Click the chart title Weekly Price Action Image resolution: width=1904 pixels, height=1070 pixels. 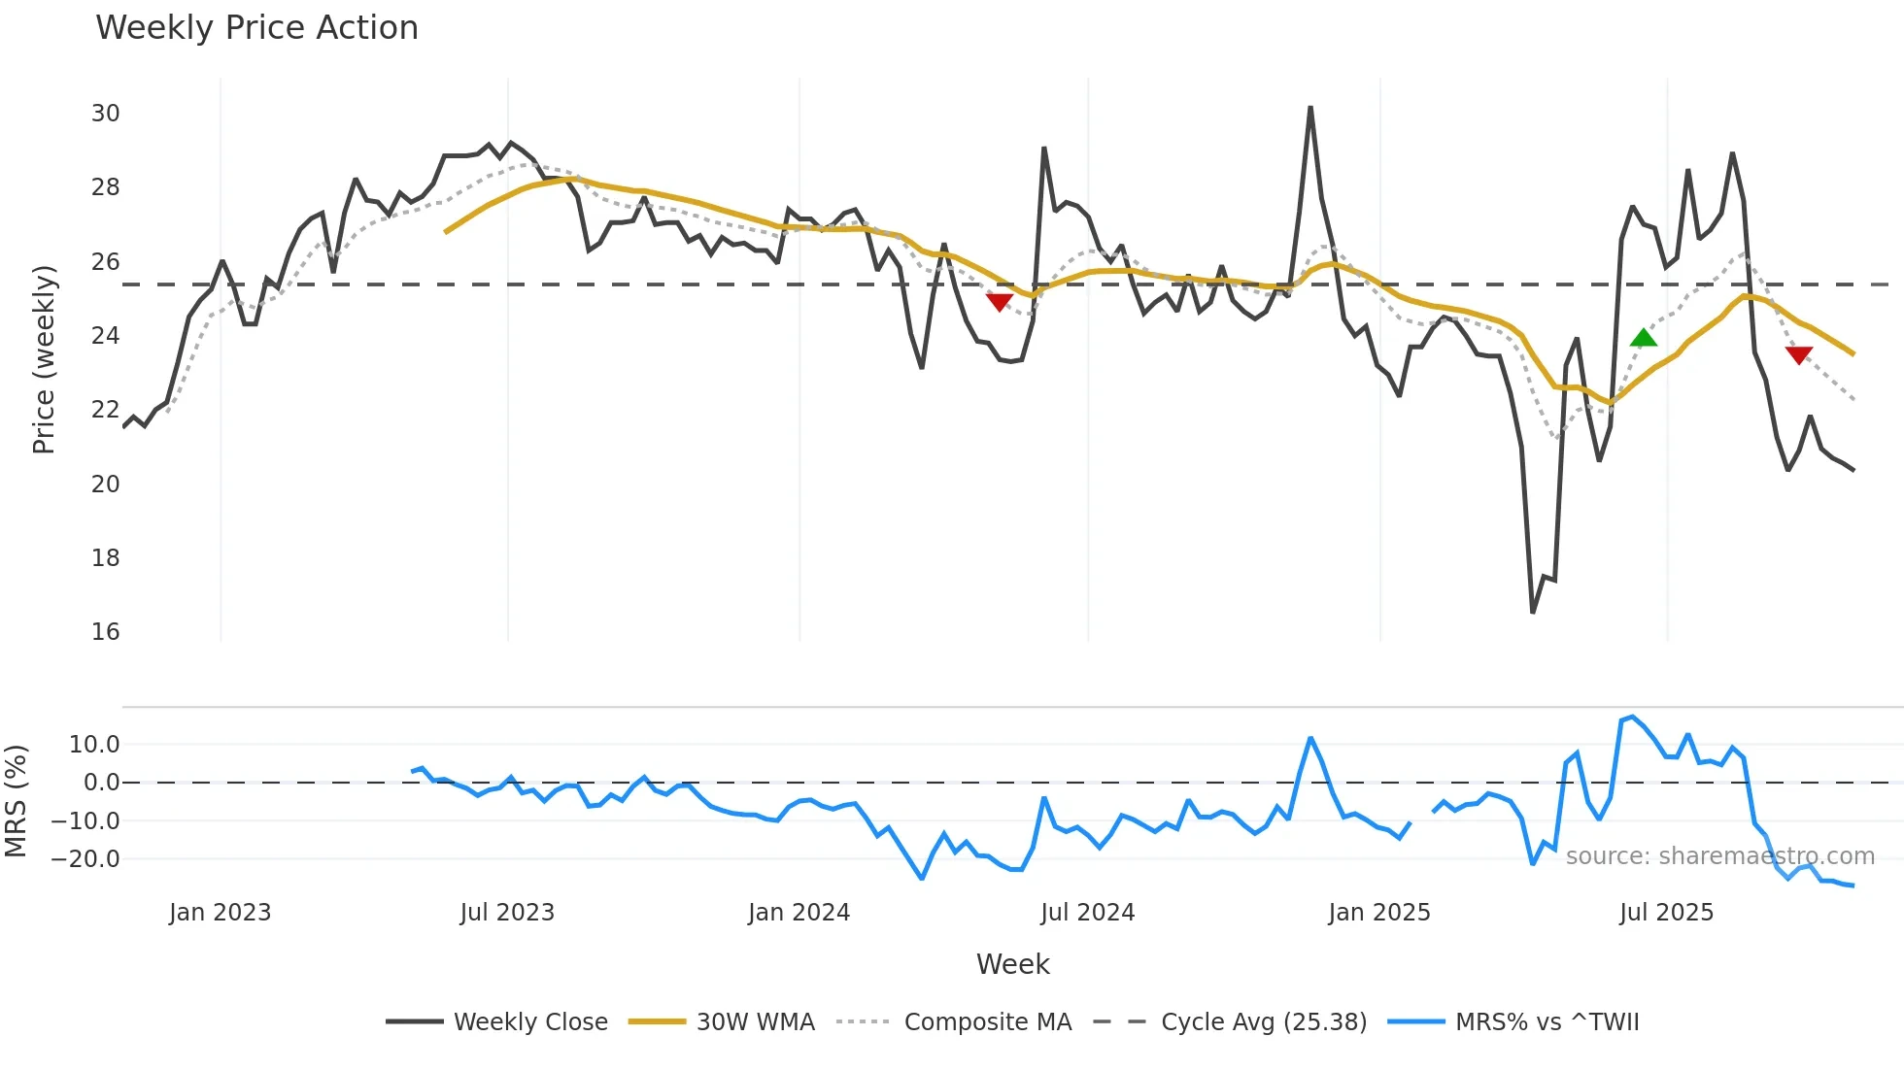coord(256,28)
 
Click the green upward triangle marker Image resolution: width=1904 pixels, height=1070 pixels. coord(1643,338)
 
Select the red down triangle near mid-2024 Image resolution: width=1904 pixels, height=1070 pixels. coord(1000,302)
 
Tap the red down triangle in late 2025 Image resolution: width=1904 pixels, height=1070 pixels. coord(1799,355)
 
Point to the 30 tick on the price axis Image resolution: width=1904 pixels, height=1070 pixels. coord(105,114)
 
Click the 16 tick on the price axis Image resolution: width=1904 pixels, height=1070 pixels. coord(105,632)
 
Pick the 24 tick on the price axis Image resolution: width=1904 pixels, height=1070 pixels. coord(105,336)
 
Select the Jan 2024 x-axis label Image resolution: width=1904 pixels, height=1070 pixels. coord(799,913)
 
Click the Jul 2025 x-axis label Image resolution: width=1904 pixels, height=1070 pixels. coord(1666,913)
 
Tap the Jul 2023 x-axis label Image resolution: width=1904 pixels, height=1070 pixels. coord(507,913)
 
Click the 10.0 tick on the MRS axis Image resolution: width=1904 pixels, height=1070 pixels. coord(94,745)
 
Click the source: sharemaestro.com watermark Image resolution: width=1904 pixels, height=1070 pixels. coord(1719,856)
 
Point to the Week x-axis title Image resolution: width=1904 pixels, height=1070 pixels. coord(1012,964)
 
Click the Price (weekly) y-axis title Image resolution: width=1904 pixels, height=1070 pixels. coord(45,359)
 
